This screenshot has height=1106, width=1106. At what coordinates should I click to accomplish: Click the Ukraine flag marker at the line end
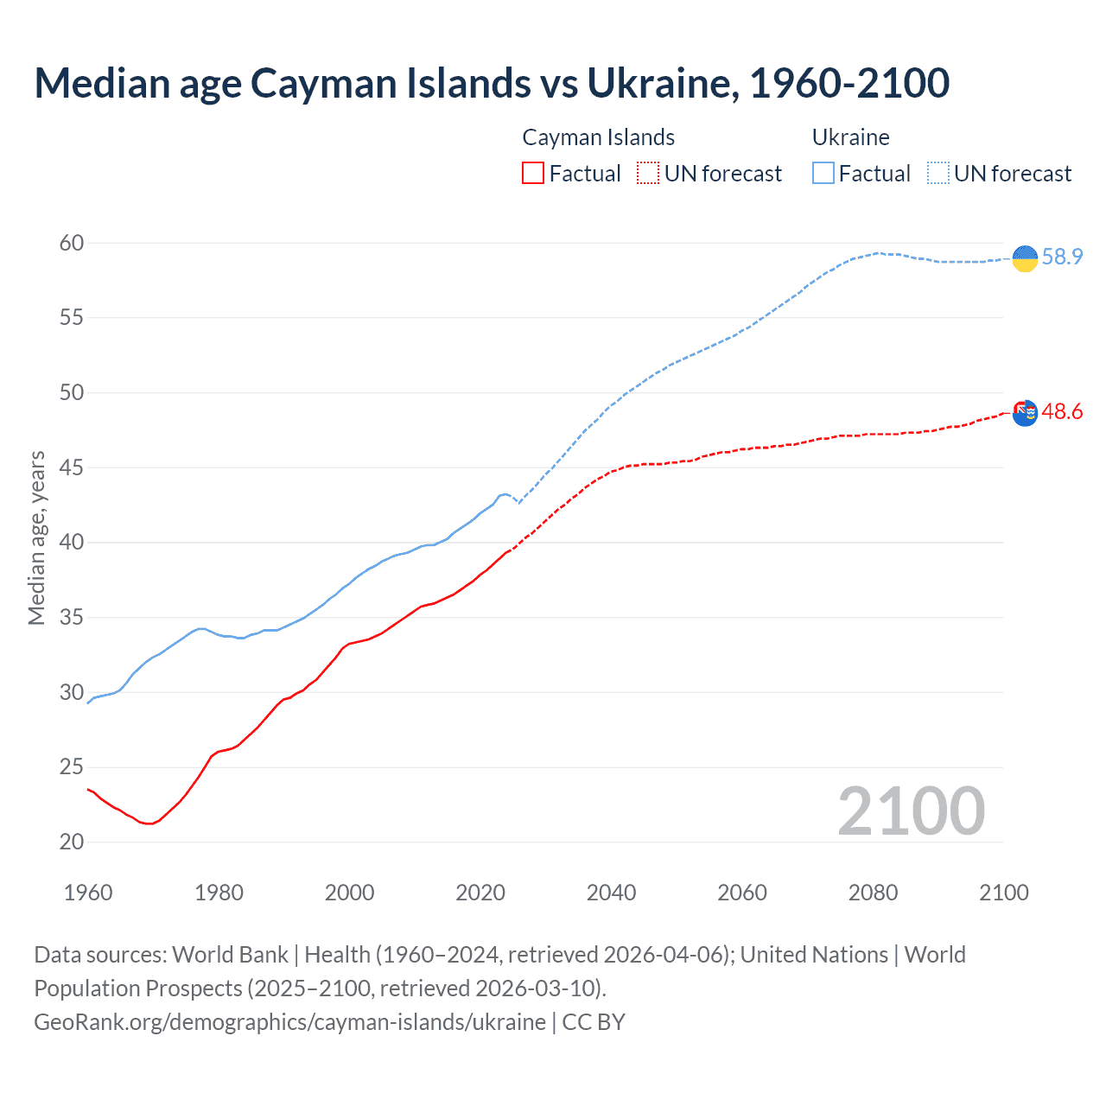(x=1025, y=257)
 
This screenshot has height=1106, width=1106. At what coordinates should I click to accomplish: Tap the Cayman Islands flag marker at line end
(x=1025, y=413)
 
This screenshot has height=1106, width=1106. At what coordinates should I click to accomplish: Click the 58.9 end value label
(x=1062, y=257)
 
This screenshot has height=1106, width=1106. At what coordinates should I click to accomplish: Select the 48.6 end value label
(x=1062, y=411)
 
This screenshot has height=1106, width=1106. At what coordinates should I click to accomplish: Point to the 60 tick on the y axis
(x=72, y=243)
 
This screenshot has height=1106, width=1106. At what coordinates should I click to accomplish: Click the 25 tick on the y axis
(x=72, y=767)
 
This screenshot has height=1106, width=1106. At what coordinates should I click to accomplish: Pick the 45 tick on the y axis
(x=72, y=467)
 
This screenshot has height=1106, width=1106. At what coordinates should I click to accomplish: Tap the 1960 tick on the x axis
(x=88, y=893)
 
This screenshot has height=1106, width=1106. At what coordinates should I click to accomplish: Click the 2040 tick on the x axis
(x=611, y=893)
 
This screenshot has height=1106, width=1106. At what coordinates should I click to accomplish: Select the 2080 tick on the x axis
(x=873, y=893)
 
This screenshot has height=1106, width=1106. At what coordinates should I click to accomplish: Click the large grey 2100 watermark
(x=911, y=811)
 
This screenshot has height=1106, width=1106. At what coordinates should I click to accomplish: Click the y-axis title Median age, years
(x=36, y=537)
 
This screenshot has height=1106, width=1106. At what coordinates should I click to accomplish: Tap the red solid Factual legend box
(x=533, y=173)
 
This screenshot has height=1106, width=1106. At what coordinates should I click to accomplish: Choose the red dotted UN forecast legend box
(x=648, y=173)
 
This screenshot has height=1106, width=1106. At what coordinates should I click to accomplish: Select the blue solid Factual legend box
(x=823, y=173)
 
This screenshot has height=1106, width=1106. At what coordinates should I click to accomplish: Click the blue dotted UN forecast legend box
(x=938, y=173)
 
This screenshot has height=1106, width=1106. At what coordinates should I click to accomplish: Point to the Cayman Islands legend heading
(x=598, y=137)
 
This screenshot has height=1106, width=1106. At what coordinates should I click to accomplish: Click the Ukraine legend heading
(x=850, y=137)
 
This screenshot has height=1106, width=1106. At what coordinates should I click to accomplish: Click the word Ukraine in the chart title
(x=662, y=83)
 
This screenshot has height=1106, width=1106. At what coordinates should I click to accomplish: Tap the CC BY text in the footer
(x=594, y=1021)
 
